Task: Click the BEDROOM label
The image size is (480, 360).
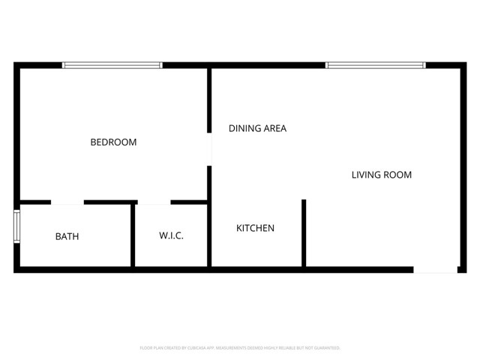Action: click(x=113, y=142)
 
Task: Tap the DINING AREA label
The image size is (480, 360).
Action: click(x=257, y=128)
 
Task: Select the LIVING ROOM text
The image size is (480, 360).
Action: click(x=382, y=175)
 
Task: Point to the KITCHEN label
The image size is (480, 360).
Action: click(x=255, y=228)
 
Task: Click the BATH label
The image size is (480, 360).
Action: click(x=67, y=236)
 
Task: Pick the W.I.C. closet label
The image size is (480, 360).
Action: click(x=171, y=235)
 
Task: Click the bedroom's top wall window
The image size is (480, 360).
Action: click(x=112, y=65)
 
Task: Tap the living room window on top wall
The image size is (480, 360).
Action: click(x=376, y=65)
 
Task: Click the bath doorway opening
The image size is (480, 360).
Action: click(x=67, y=202)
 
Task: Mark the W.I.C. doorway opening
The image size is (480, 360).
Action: click(x=154, y=202)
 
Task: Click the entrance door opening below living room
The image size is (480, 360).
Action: click(x=435, y=268)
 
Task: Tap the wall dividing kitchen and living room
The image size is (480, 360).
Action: click(x=304, y=232)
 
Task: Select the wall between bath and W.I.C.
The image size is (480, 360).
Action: click(x=133, y=234)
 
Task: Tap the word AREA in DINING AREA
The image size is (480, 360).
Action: click(x=274, y=128)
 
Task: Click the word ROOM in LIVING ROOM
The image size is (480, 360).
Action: click(x=398, y=175)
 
